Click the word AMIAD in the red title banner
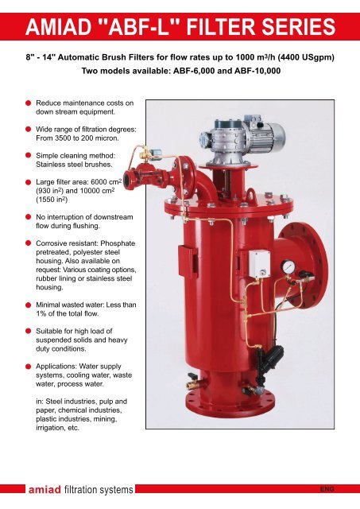[58, 26]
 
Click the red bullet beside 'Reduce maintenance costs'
[29, 103]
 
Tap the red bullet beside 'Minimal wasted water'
[29, 305]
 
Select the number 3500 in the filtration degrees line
[62, 138]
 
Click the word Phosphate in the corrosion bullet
[118, 243]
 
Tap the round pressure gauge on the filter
[288, 267]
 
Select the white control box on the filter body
[259, 264]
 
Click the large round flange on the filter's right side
[304, 265]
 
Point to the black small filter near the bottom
[270, 359]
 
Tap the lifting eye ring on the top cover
[253, 195]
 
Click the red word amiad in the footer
[45, 489]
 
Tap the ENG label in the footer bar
[327, 489]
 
